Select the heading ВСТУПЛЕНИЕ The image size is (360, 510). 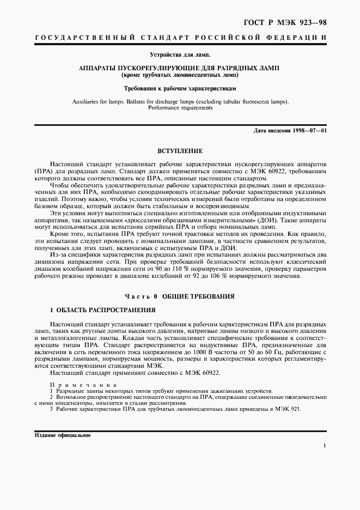click(180, 150)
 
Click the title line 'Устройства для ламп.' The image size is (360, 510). click(180, 54)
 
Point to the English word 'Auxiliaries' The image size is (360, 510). click(88, 102)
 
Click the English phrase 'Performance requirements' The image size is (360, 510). click(180, 108)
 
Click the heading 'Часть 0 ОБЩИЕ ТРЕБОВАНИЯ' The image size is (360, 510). click(180, 296)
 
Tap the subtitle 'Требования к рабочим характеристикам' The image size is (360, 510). click(180, 87)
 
